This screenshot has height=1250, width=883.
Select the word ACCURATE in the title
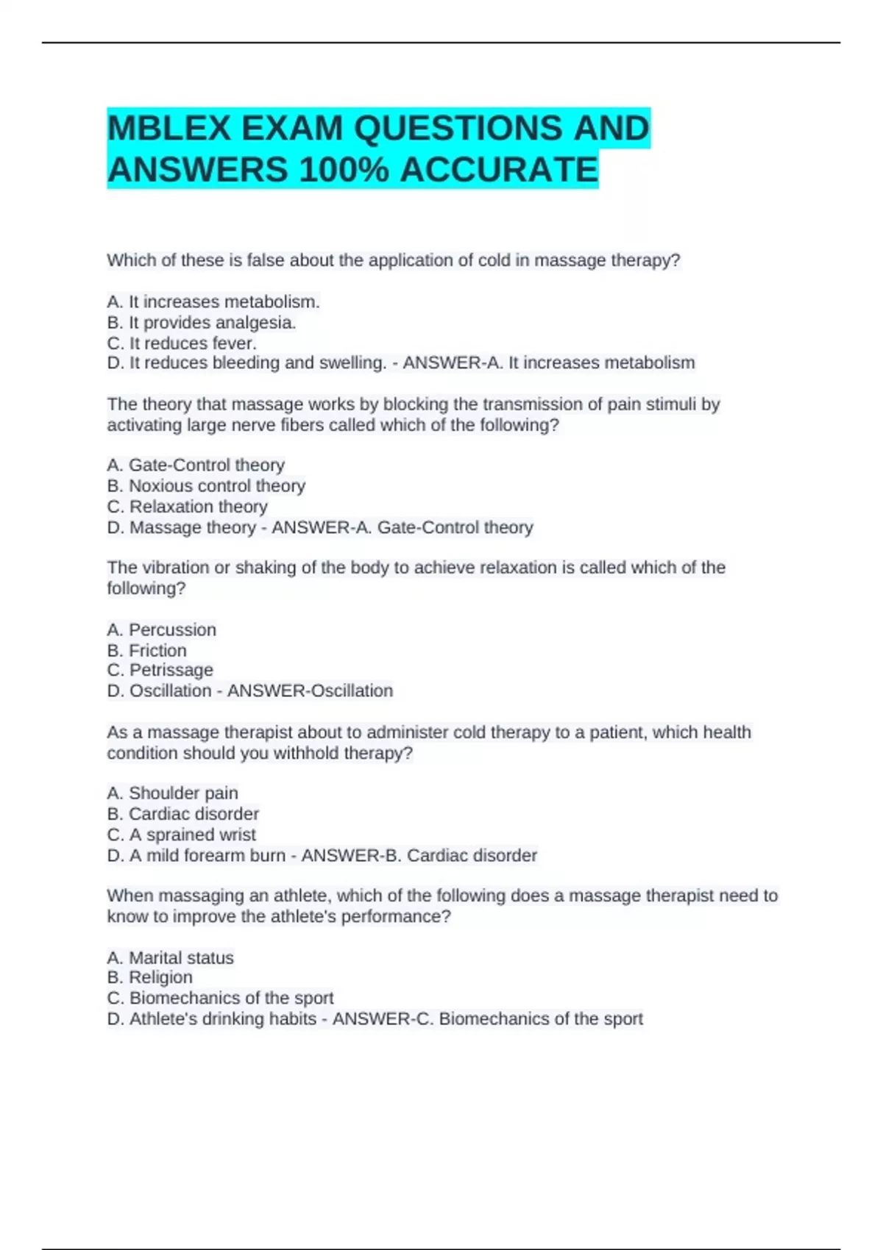click(499, 171)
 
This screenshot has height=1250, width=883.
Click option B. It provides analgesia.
click(202, 322)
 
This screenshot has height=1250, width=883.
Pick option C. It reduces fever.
click(182, 343)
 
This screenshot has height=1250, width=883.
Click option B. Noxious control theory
click(206, 485)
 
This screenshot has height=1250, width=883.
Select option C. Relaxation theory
click(187, 506)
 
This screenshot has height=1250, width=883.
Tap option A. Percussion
click(162, 629)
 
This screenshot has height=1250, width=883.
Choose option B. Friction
click(147, 650)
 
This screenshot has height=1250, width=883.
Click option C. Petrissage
click(160, 670)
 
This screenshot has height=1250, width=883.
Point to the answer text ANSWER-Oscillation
click(310, 690)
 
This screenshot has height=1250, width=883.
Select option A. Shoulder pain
click(172, 793)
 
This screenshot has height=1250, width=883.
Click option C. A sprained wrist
click(181, 835)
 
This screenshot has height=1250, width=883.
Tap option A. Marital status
click(170, 957)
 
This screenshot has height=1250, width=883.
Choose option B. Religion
click(149, 977)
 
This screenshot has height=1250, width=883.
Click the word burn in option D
click(267, 855)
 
